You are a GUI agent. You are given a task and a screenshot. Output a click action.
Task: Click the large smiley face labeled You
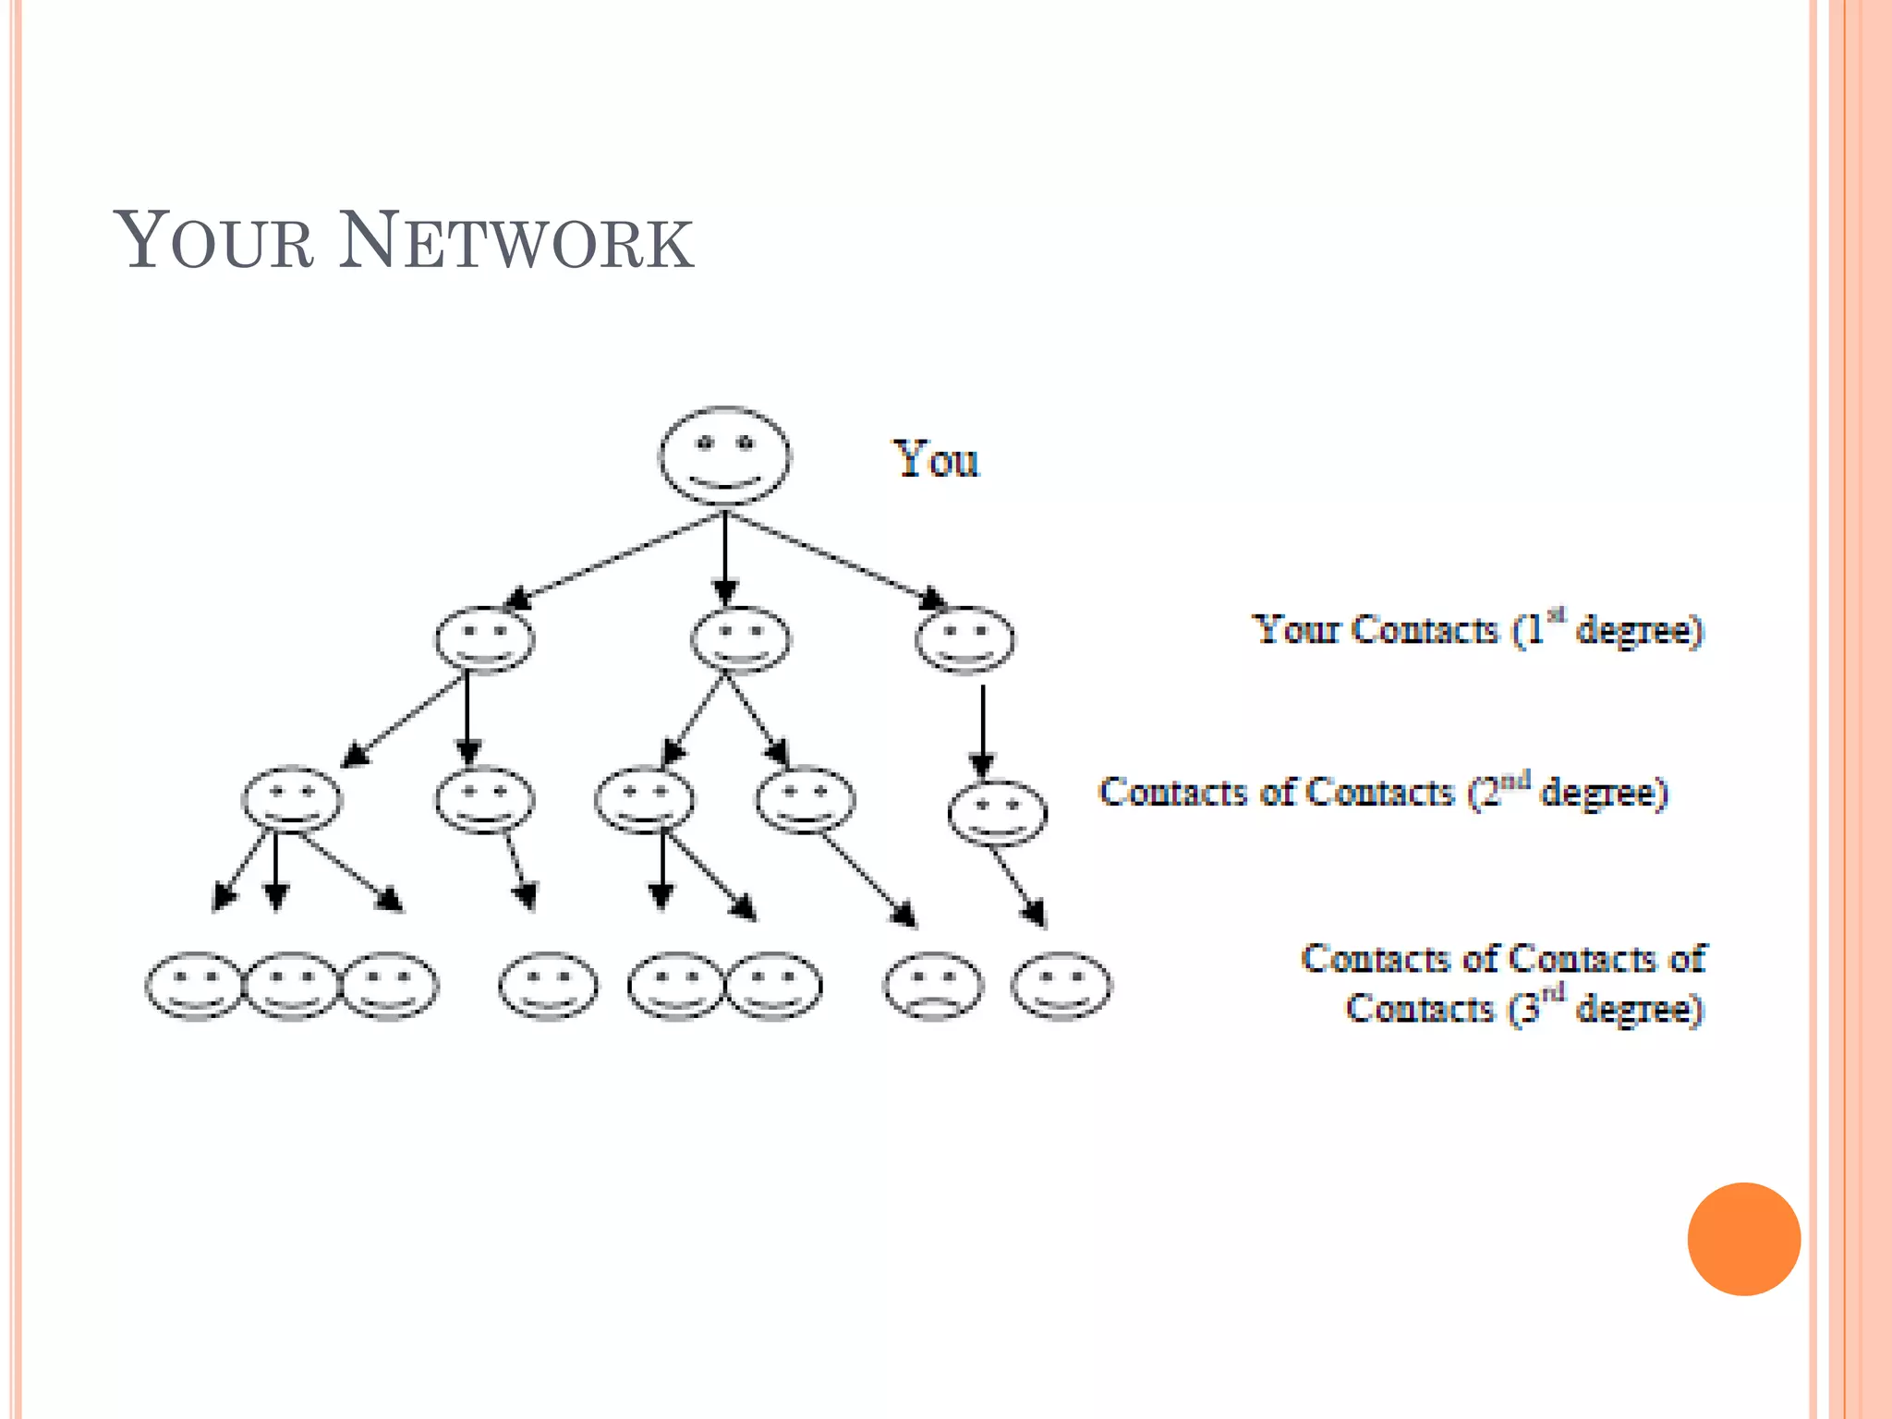pyautogui.click(x=724, y=455)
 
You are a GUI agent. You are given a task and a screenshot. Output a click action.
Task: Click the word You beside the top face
pyautogui.click(x=935, y=459)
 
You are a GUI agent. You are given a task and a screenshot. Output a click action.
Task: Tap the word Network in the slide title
pyautogui.click(x=515, y=242)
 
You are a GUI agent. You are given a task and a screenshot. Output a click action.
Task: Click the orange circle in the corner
pyautogui.click(x=1743, y=1238)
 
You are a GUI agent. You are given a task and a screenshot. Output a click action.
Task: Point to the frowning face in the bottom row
pyautogui.click(x=933, y=986)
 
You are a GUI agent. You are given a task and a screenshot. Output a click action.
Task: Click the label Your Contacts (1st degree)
pyautogui.click(x=1476, y=630)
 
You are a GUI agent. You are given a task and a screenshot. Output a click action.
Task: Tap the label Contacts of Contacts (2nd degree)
pyautogui.click(x=1382, y=793)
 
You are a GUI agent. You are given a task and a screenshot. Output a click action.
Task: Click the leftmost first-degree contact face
pyautogui.click(x=484, y=639)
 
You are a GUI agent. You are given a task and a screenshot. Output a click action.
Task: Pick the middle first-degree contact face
pyautogui.click(x=740, y=639)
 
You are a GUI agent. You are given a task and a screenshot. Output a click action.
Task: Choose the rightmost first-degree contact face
pyautogui.click(x=964, y=639)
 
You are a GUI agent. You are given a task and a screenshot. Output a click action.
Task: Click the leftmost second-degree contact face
pyautogui.click(x=292, y=799)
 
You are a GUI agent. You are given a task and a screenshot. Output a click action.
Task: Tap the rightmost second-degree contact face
pyautogui.click(x=997, y=813)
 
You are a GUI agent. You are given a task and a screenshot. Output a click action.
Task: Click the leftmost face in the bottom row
pyautogui.click(x=194, y=986)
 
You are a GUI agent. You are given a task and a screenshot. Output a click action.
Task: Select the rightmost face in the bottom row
pyautogui.click(x=1061, y=986)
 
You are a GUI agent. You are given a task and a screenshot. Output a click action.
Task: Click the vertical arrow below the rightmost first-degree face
pyautogui.click(x=982, y=730)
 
